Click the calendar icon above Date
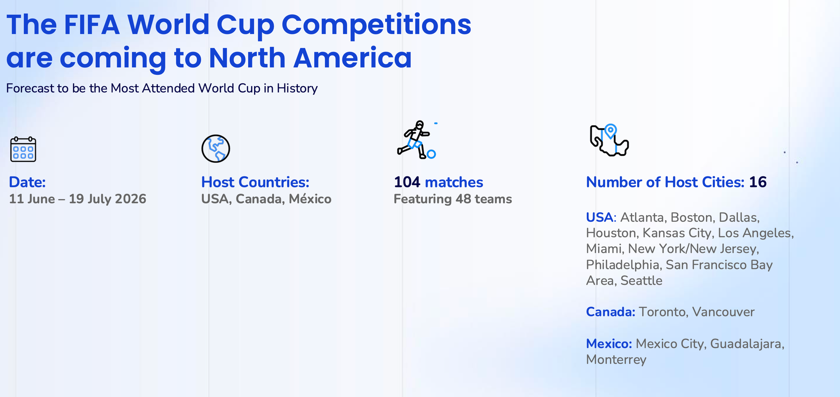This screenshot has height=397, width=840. pyautogui.click(x=23, y=149)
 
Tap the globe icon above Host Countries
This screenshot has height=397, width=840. pyautogui.click(x=215, y=149)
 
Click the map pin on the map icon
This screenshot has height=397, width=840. pyautogui.click(x=610, y=131)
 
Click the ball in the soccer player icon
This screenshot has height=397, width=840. pyautogui.click(x=431, y=154)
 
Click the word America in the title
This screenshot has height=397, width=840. pyautogui.click(x=352, y=58)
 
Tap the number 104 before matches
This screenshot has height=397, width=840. pyautogui.click(x=407, y=182)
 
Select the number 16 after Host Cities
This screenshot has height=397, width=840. pyautogui.click(x=758, y=182)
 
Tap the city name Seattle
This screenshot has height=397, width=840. pyautogui.click(x=641, y=280)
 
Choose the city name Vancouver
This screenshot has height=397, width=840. pyautogui.click(x=723, y=312)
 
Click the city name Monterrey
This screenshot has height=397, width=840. pyautogui.click(x=616, y=360)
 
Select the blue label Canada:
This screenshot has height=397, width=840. pyautogui.click(x=611, y=312)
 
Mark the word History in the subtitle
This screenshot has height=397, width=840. pyautogui.click(x=297, y=88)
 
